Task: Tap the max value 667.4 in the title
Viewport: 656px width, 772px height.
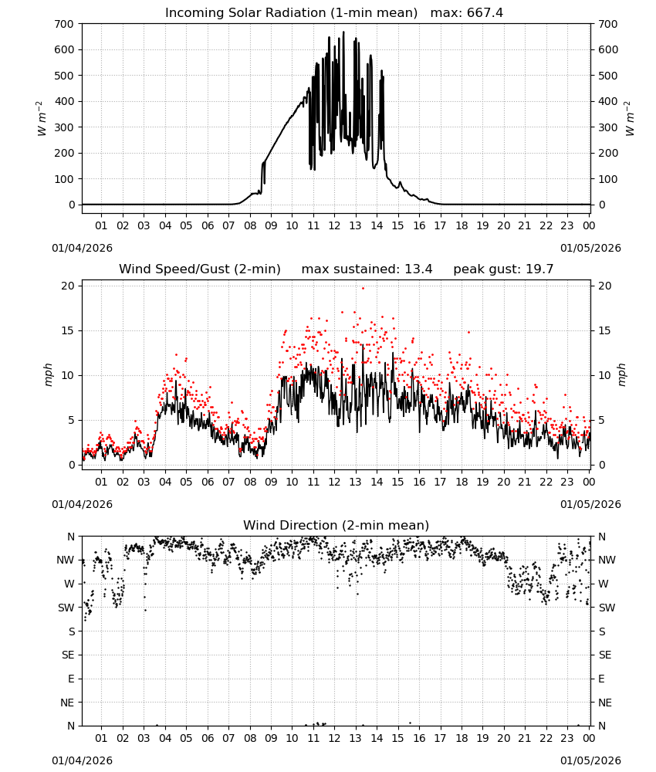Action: tap(485, 13)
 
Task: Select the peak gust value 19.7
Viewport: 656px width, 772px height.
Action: tap(539, 269)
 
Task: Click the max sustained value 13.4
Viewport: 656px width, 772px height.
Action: tap(418, 269)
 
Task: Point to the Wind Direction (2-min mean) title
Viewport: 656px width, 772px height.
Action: tap(336, 525)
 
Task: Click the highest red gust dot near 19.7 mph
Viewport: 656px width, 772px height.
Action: tap(364, 288)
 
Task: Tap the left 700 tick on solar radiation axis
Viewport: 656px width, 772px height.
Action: tap(65, 24)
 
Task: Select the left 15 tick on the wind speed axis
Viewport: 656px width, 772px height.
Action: tap(68, 330)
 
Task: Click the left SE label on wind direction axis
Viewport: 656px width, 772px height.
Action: tap(68, 655)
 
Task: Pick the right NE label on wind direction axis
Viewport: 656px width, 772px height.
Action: tap(605, 703)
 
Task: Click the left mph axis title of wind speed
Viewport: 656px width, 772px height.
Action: tap(48, 374)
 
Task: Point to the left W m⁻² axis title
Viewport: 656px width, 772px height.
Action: tap(42, 118)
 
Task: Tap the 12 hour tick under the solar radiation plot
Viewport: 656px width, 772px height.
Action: tap(334, 225)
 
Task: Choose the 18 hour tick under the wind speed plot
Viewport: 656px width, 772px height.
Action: tap(462, 482)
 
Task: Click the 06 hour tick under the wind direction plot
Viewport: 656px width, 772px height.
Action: tap(208, 738)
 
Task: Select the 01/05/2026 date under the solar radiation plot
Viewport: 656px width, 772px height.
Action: tap(590, 248)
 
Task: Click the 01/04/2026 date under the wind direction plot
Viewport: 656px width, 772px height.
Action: tap(82, 760)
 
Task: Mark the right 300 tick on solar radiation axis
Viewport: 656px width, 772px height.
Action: tap(608, 127)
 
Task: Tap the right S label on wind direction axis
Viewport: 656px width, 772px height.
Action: tap(602, 631)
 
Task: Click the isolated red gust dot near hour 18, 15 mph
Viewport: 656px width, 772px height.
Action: tap(468, 332)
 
